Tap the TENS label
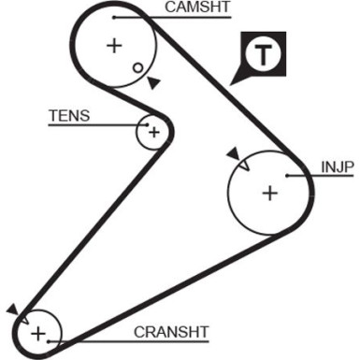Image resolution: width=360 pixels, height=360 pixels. click(x=71, y=116)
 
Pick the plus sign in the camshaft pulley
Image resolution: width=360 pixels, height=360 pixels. click(x=114, y=44)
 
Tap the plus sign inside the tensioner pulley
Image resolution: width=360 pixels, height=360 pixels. click(x=152, y=132)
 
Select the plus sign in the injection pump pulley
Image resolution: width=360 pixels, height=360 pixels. click(x=269, y=194)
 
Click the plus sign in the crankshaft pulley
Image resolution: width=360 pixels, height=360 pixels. click(x=37, y=333)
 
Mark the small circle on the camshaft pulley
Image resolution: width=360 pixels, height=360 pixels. click(x=137, y=67)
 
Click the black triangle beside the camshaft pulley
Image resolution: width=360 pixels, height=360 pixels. click(x=153, y=83)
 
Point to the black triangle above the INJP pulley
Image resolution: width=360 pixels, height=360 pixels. click(x=231, y=153)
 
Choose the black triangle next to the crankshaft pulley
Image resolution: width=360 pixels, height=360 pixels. click(x=11, y=309)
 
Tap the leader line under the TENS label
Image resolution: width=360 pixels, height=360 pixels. click(x=98, y=125)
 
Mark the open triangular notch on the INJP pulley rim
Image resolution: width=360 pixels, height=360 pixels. click(x=243, y=165)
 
